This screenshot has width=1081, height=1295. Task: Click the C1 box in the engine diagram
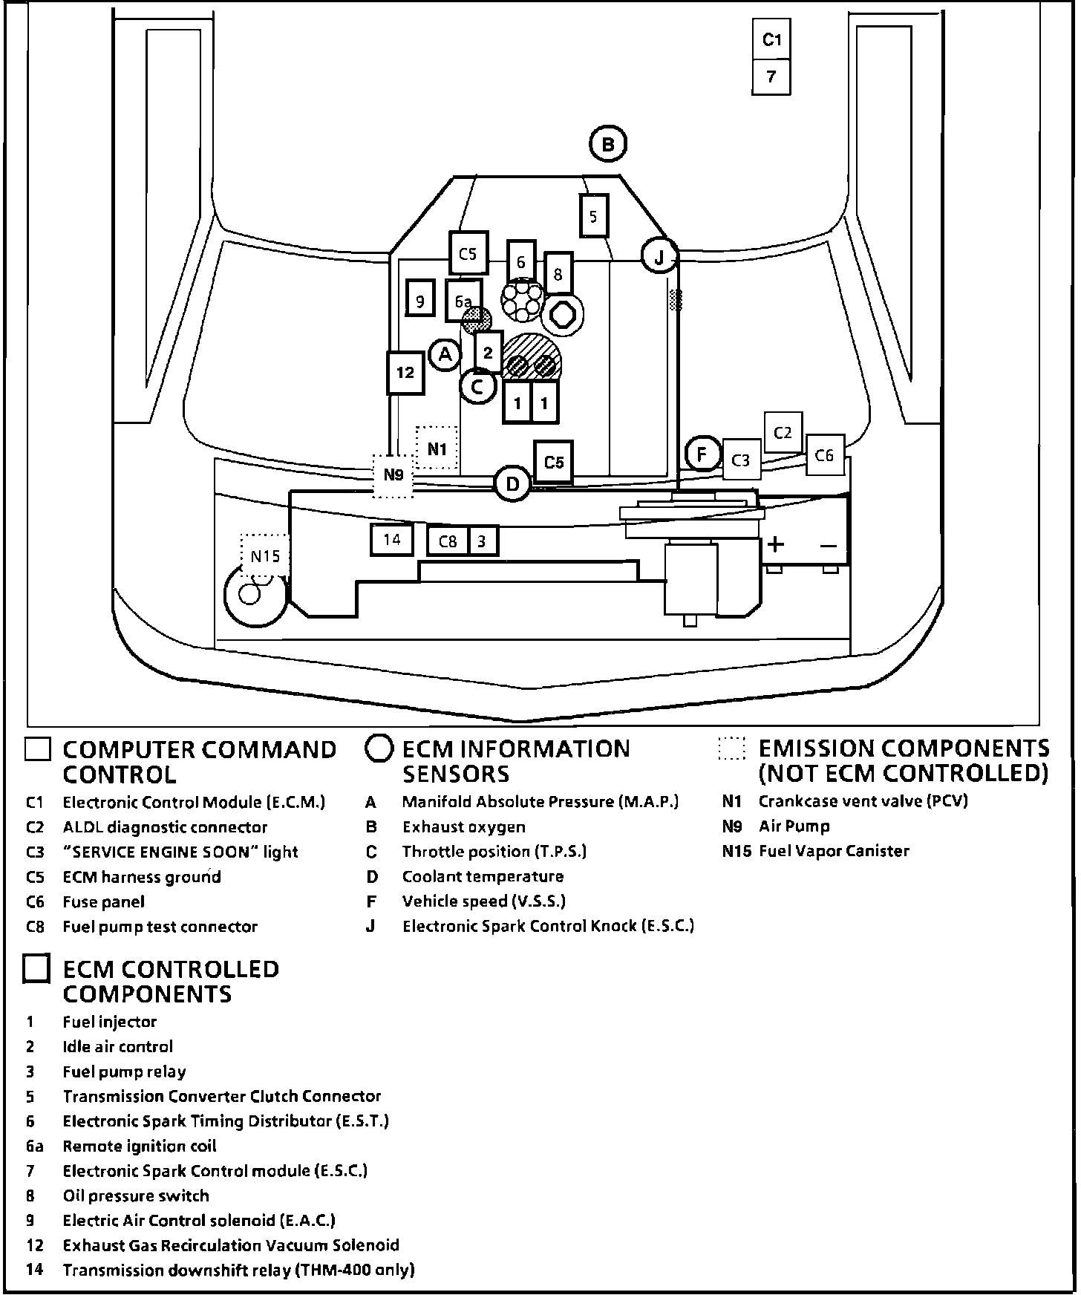pos(771,39)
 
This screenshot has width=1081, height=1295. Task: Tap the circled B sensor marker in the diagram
pos(608,145)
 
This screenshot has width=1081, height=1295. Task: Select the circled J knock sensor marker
pos(659,256)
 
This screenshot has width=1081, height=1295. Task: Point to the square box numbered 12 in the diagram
pos(405,372)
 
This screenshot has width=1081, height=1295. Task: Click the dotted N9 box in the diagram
pos(393,474)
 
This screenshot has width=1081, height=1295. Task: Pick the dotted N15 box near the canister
pos(264,556)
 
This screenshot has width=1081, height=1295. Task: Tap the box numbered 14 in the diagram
pos(391,540)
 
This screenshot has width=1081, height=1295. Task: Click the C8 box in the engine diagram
pos(448,541)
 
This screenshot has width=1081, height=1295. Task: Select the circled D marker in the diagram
pos(512,485)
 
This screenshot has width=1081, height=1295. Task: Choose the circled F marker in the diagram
pos(702,454)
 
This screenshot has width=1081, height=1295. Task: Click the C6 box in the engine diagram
pos(824,455)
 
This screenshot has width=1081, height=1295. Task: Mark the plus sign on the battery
pos(775,544)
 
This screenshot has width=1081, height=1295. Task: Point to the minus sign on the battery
pos(829,546)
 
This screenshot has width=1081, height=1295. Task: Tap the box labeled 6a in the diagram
pos(463,300)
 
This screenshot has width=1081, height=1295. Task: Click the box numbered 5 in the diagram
pos(593,216)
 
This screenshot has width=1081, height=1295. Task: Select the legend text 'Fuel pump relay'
pos(124,1071)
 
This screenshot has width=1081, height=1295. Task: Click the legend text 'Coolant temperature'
pos(483,876)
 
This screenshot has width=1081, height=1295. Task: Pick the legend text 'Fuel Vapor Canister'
pos(833,851)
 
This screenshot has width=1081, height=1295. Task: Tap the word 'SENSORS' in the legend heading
pos(456,774)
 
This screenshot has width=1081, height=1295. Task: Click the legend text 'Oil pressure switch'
pos(136,1195)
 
